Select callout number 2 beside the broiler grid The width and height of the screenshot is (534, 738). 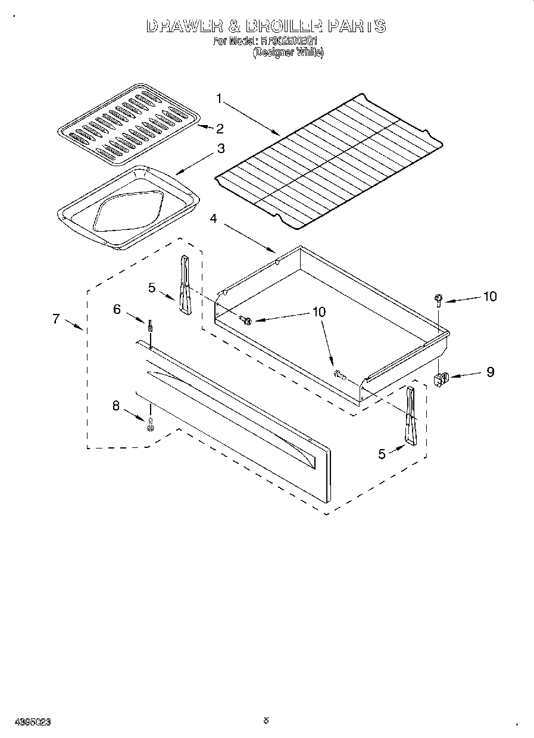click(220, 128)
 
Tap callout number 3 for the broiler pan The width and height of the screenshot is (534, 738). click(221, 149)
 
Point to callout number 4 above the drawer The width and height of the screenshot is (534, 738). click(214, 219)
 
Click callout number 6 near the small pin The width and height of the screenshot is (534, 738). click(117, 309)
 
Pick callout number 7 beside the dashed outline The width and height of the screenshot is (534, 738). click(56, 319)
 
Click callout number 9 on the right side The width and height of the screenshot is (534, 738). click(490, 372)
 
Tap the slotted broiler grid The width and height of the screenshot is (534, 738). click(127, 124)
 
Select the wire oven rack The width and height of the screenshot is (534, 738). click(329, 160)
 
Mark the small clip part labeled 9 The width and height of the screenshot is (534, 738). click(441, 378)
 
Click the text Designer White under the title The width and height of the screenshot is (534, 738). click(288, 52)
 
